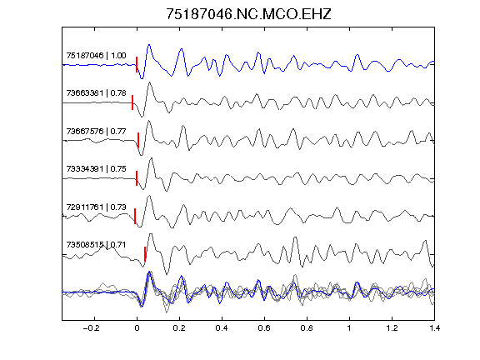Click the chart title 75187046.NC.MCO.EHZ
[x=248, y=14]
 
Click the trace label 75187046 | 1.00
[x=96, y=55]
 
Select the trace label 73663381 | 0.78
[x=96, y=92]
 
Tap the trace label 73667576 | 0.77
[x=96, y=131]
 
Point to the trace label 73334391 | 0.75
[x=96, y=168]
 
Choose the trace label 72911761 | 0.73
[x=96, y=207]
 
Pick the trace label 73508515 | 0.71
[x=96, y=245]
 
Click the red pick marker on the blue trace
[x=137, y=65]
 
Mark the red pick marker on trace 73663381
[x=132, y=102]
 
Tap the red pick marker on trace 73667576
[x=138, y=140]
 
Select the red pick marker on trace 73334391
[x=137, y=178]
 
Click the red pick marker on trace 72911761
[x=135, y=216]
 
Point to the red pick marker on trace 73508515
[x=145, y=254]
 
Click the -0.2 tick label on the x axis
[x=92, y=328]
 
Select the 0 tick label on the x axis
[x=137, y=328]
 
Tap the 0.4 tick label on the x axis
[x=222, y=328]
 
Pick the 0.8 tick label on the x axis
[x=307, y=328]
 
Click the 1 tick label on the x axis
[x=349, y=328]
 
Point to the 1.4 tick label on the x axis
[x=434, y=328]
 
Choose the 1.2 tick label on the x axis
[x=392, y=328]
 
